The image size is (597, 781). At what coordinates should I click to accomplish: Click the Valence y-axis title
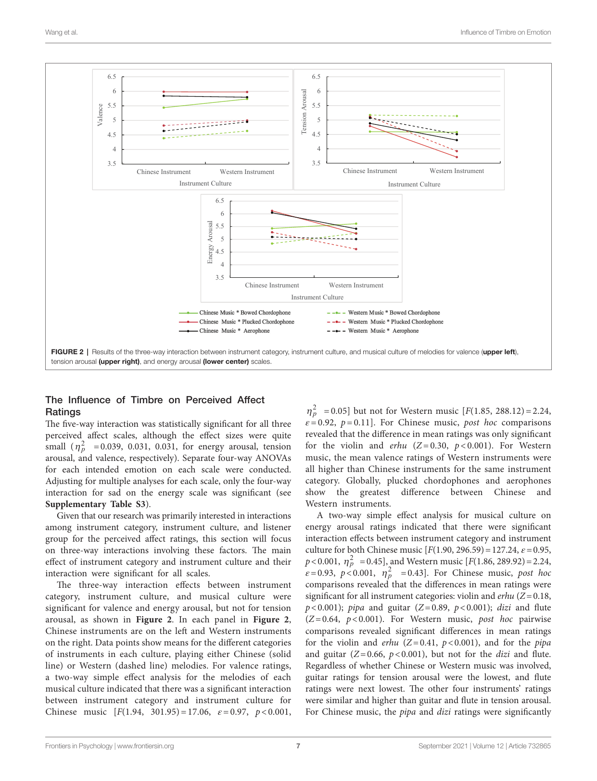(x=100, y=115)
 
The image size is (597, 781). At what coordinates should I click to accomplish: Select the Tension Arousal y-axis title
(x=304, y=112)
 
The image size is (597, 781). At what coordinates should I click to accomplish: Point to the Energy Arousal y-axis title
(x=210, y=242)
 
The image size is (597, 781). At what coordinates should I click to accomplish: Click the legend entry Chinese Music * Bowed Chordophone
(x=245, y=313)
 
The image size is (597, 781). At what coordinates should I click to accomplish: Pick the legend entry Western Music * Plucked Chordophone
(x=395, y=322)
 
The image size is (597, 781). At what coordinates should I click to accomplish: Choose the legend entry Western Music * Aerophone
(x=383, y=331)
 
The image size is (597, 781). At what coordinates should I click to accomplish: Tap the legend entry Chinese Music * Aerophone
(x=234, y=331)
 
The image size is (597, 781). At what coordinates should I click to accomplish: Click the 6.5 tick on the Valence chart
(x=112, y=77)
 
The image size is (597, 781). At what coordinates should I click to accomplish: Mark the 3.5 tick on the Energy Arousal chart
(x=219, y=277)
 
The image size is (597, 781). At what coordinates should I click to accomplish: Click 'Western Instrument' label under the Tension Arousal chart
(x=457, y=171)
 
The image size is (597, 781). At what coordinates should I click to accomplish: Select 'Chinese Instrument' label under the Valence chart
(x=164, y=172)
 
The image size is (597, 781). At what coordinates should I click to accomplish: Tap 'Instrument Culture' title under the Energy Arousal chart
(x=317, y=298)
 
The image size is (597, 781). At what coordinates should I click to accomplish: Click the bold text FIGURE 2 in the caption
(x=67, y=352)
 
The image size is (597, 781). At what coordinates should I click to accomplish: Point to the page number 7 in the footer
(x=298, y=746)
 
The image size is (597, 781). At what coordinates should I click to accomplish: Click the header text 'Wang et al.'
(x=61, y=32)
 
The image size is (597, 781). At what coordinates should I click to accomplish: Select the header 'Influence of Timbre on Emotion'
(x=505, y=32)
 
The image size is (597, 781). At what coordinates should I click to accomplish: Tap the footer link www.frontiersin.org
(x=145, y=746)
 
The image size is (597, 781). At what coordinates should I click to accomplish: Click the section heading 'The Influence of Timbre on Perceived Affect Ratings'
(x=155, y=406)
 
